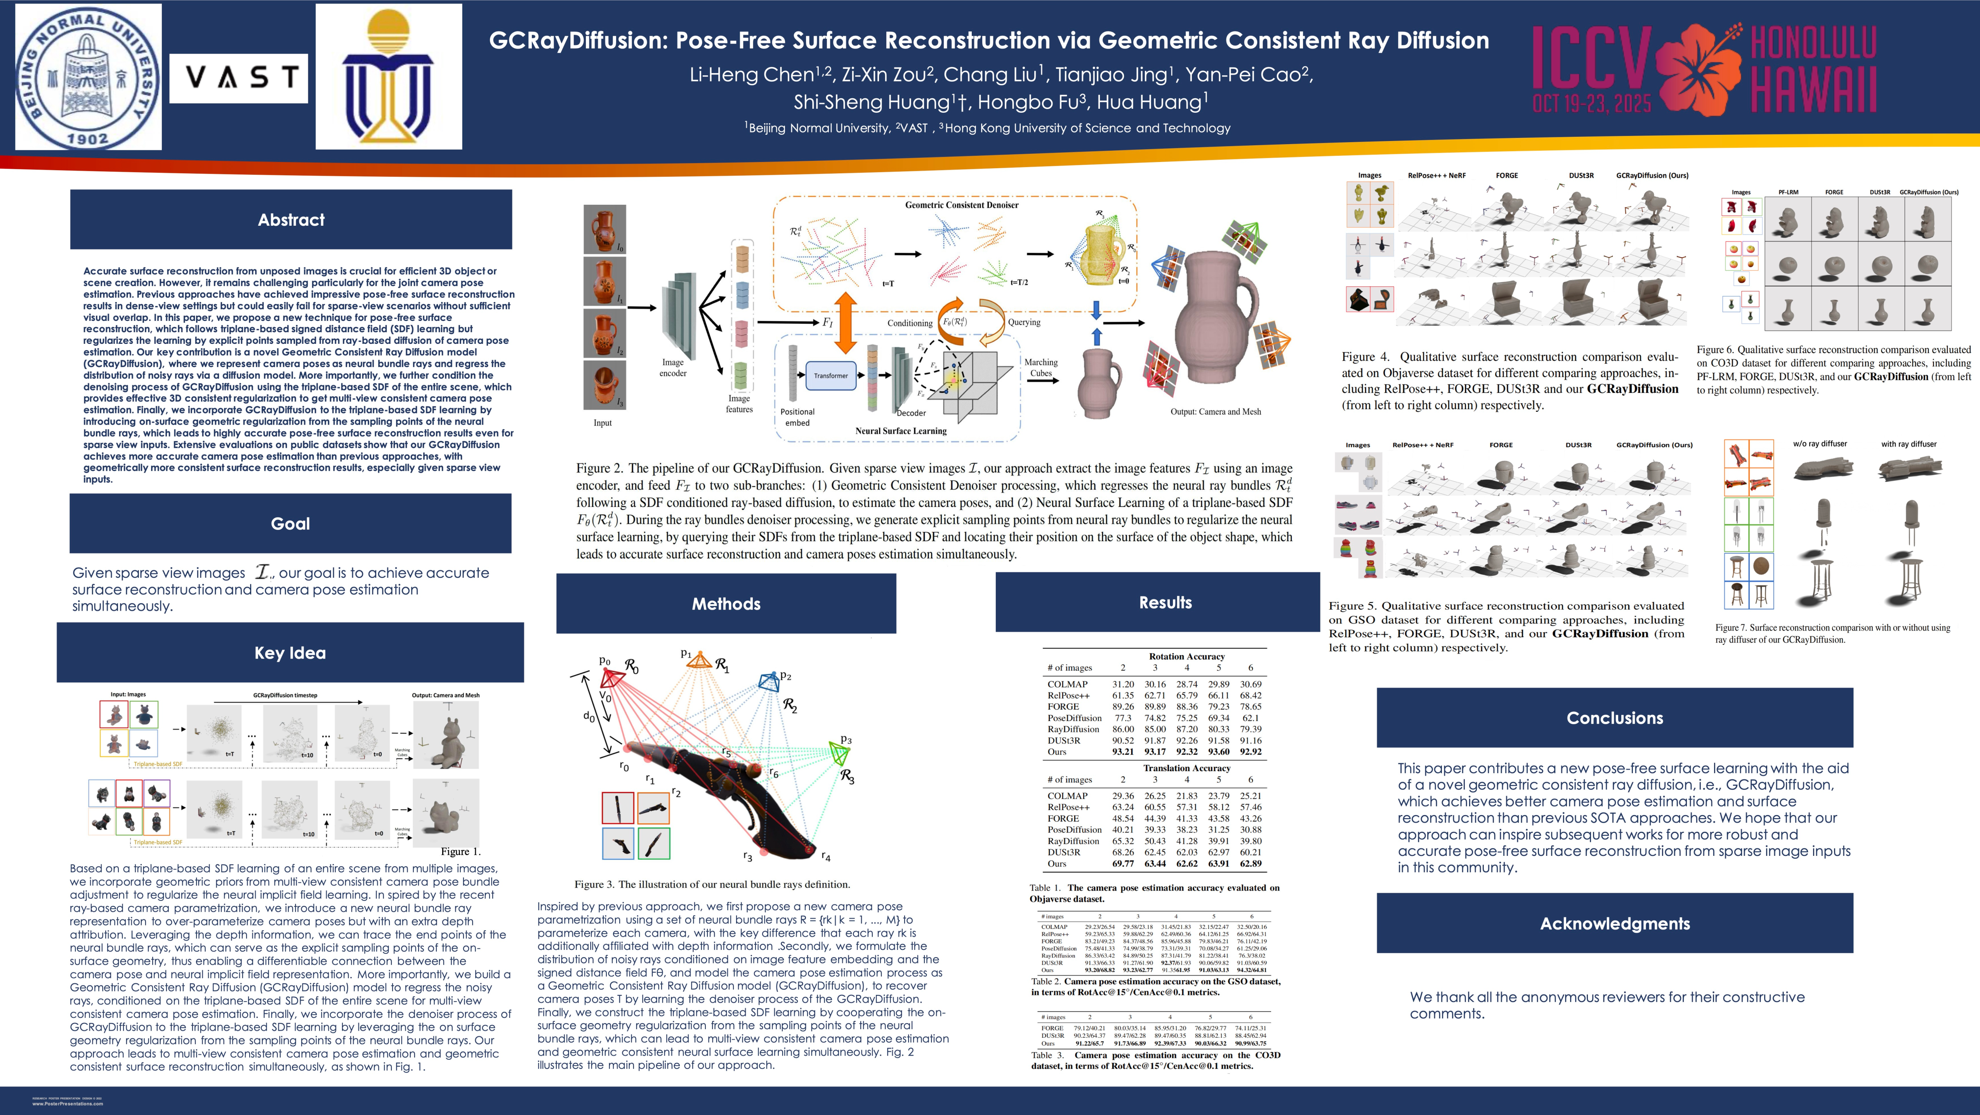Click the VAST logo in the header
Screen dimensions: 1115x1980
point(238,78)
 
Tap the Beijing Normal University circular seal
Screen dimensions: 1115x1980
point(89,77)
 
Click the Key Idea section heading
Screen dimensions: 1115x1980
point(290,653)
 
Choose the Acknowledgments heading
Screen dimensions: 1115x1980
point(1614,923)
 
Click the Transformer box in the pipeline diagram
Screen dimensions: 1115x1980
point(831,376)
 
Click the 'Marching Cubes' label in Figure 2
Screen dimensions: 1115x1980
point(1041,368)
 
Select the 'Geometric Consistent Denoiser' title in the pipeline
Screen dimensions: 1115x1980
point(962,205)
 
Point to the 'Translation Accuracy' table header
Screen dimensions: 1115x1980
point(1186,768)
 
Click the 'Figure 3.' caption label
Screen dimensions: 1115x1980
point(595,884)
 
